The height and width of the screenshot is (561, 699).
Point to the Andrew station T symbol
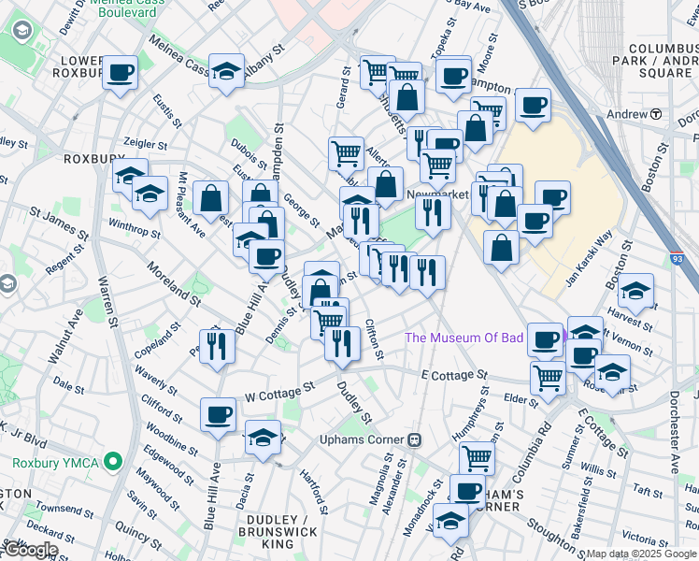656,114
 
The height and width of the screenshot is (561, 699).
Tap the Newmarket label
436,194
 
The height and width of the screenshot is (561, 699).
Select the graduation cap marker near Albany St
226,72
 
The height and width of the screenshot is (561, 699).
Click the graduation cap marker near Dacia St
264,437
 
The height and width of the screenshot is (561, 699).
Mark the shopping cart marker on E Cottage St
547,376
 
